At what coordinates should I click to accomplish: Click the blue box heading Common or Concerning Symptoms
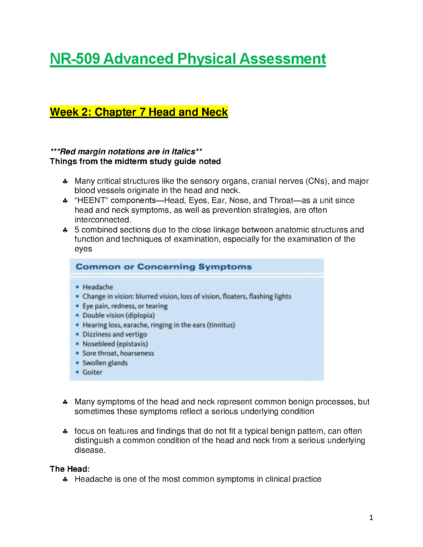163,267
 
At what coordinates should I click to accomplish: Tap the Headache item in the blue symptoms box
97,287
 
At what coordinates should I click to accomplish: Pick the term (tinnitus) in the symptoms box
221,325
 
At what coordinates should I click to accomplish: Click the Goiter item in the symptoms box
92,372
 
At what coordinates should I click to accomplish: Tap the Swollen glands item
105,363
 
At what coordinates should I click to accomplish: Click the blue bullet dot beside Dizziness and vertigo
77,334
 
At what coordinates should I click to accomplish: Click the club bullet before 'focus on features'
65,431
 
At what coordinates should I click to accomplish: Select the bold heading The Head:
70,469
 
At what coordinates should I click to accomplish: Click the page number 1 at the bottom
371,518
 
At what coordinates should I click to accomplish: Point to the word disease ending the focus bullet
89,450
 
